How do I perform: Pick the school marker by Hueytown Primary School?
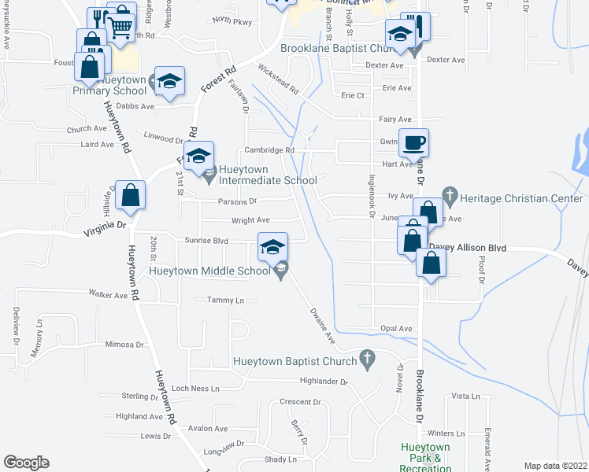(x=169, y=82)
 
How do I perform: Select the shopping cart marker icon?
(x=120, y=27)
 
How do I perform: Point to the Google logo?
(x=26, y=463)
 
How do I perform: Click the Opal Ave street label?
(x=396, y=328)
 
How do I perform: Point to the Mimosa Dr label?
(x=124, y=345)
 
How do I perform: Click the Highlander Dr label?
(x=323, y=382)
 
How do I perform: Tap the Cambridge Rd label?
(x=269, y=149)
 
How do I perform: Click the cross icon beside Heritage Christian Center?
(x=450, y=194)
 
